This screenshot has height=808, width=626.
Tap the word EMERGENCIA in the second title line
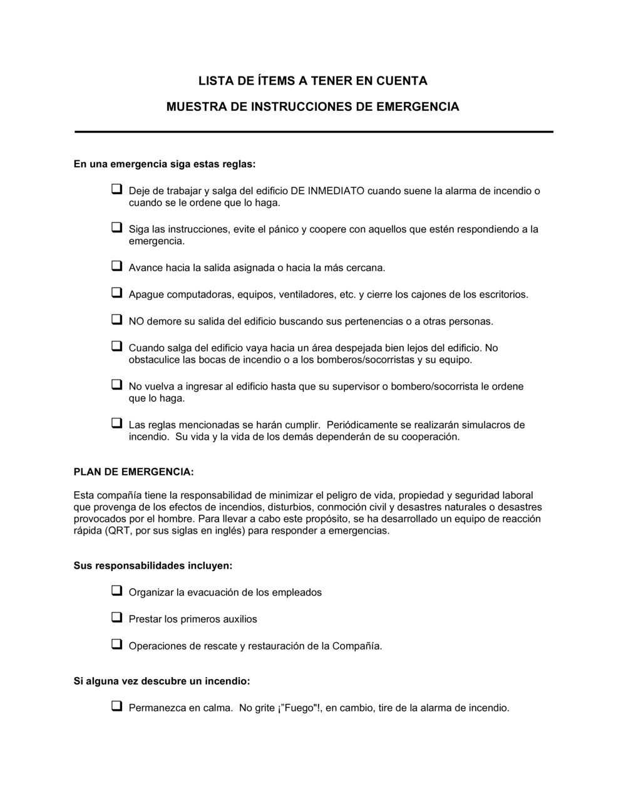click(418, 106)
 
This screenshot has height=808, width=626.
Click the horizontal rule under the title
click(314, 132)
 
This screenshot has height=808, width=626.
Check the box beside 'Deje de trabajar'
click(116, 189)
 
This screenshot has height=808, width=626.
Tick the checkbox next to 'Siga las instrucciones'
click(116, 227)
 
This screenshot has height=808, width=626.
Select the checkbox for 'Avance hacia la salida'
click(116, 266)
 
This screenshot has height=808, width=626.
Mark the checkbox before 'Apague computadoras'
click(116, 292)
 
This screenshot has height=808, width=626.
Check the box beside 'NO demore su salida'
click(116, 319)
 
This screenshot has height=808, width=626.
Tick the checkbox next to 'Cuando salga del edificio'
click(116, 345)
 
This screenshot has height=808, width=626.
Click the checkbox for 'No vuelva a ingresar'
click(116, 384)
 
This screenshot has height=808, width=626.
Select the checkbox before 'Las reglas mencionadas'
click(116, 423)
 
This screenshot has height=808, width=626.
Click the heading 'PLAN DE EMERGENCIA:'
click(134, 472)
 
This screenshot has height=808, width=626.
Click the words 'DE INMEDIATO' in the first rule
click(327, 191)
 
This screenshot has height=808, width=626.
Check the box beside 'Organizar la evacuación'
click(116, 590)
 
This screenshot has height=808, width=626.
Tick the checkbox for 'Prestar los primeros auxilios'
click(116, 617)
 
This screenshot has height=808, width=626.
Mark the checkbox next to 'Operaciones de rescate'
click(116, 643)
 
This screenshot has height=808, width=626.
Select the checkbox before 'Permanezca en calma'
click(116, 706)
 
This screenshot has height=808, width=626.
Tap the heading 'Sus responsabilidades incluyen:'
click(153, 566)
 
